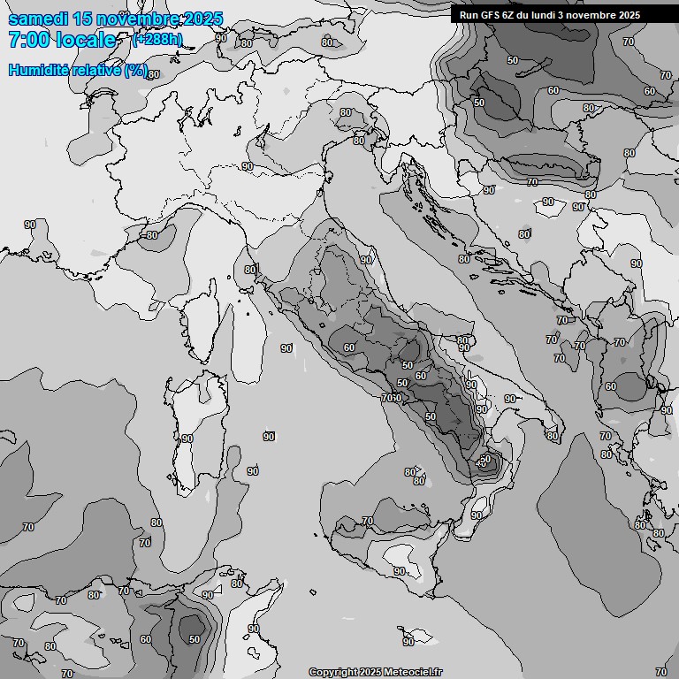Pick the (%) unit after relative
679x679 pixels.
coord(135,71)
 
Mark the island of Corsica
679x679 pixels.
coord(202,318)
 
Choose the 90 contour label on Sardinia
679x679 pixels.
coord(187,439)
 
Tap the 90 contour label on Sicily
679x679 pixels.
coord(400,571)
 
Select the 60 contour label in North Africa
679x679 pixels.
coord(146,639)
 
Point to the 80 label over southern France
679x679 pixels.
coord(152,235)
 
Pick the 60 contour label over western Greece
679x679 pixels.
coord(610,386)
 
